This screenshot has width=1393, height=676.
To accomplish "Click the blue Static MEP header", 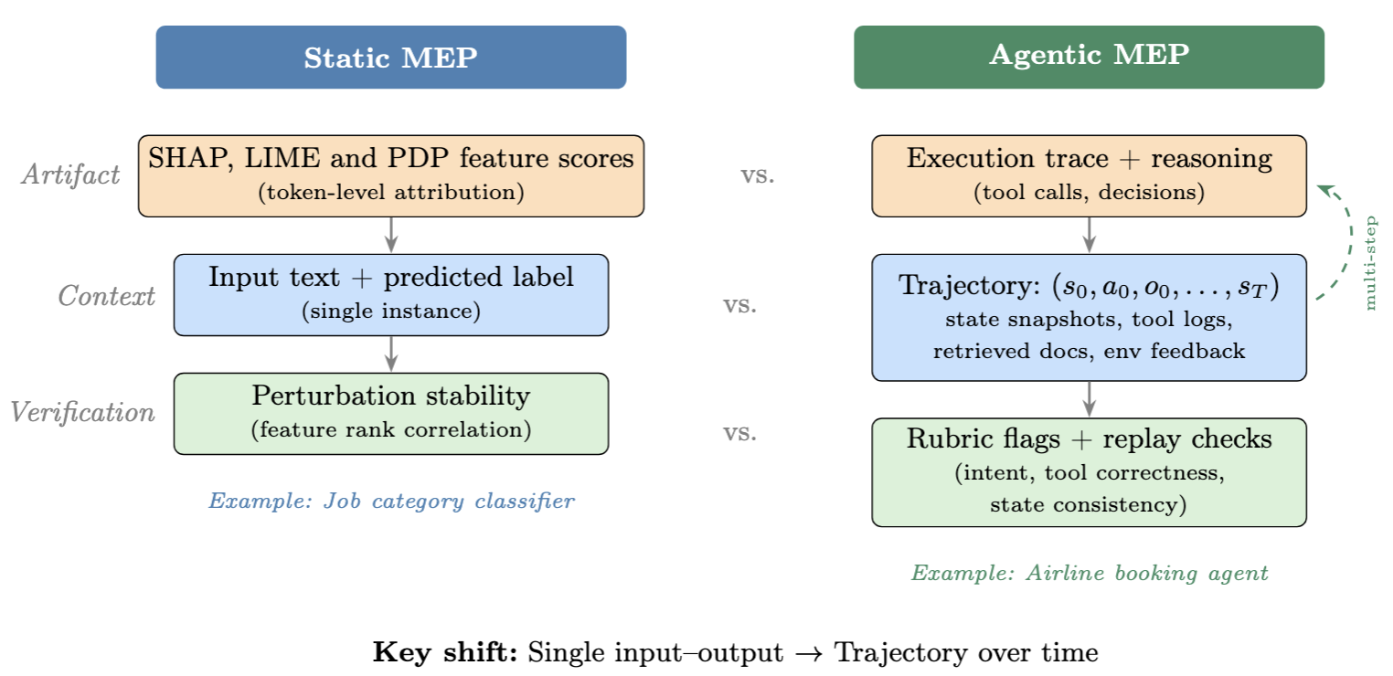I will pyautogui.click(x=390, y=58).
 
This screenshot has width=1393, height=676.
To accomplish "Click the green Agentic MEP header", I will pyautogui.click(x=1089, y=57).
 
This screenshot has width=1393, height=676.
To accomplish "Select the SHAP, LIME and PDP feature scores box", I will pyautogui.click(x=390, y=175).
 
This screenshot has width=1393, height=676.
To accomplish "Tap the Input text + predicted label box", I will pyautogui.click(x=390, y=294).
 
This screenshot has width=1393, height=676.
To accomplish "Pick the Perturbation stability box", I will pyautogui.click(x=390, y=413).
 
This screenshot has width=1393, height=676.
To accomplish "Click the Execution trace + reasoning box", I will pyautogui.click(x=1089, y=175).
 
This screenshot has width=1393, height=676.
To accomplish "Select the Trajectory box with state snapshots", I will pyautogui.click(x=1089, y=317).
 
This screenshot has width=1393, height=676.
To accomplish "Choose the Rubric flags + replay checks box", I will pyautogui.click(x=1089, y=471).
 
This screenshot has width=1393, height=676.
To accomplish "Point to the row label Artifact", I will pyautogui.click(x=70, y=174).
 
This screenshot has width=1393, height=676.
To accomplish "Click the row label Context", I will pyautogui.click(x=107, y=296).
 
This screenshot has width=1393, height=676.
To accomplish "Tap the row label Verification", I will pyautogui.click(x=83, y=413).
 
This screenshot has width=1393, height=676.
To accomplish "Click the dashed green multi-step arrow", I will pyautogui.click(x=1345, y=238).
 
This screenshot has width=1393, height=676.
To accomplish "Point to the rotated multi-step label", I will pyautogui.click(x=1369, y=263).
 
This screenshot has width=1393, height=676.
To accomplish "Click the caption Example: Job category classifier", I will pyautogui.click(x=391, y=501).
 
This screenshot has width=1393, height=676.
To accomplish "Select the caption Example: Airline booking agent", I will pyautogui.click(x=1089, y=574).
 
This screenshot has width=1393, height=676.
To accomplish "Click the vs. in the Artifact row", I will pyautogui.click(x=758, y=175).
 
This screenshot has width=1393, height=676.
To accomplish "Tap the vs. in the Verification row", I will pyautogui.click(x=740, y=433).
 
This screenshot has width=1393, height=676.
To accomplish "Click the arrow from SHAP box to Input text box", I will pyautogui.click(x=391, y=235).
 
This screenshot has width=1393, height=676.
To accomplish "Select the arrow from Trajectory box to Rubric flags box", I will pyautogui.click(x=1089, y=399).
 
